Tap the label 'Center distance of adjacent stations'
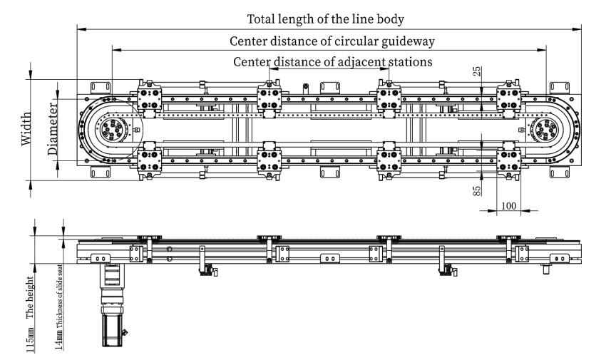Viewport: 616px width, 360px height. (x=332, y=61)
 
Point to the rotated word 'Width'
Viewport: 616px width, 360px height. (x=26, y=129)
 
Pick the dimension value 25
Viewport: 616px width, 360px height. (x=477, y=73)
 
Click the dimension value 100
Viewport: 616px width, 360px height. (x=508, y=205)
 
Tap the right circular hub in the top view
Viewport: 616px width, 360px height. (x=545, y=130)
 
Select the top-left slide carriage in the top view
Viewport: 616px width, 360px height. (x=149, y=96)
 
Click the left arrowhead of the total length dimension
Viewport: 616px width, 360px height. (x=79, y=29)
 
